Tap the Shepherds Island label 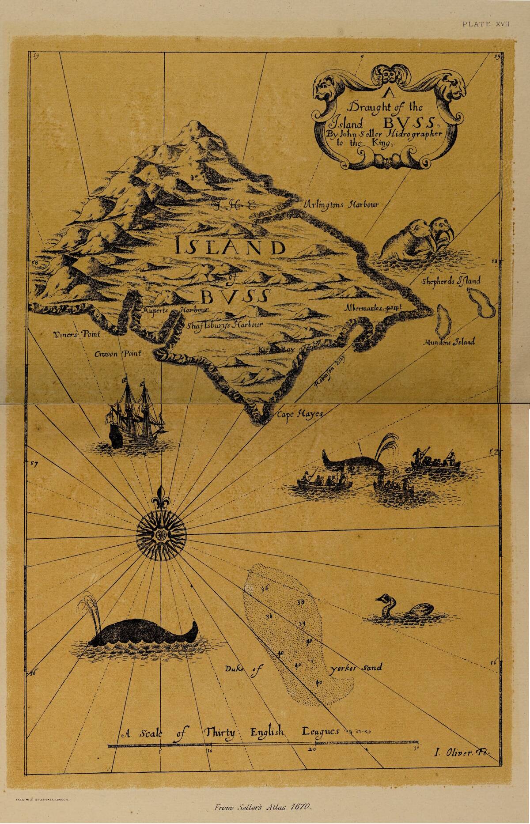pyautogui.click(x=451, y=280)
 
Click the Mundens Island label pyautogui.click(x=449, y=342)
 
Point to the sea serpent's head pyautogui.click(x=381, y=599)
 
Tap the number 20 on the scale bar pyautogui.click(x=312, y=749)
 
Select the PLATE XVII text pyautogui.click(x=486, y=24)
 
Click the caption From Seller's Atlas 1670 pyautogui.click(x=263, y=807)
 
